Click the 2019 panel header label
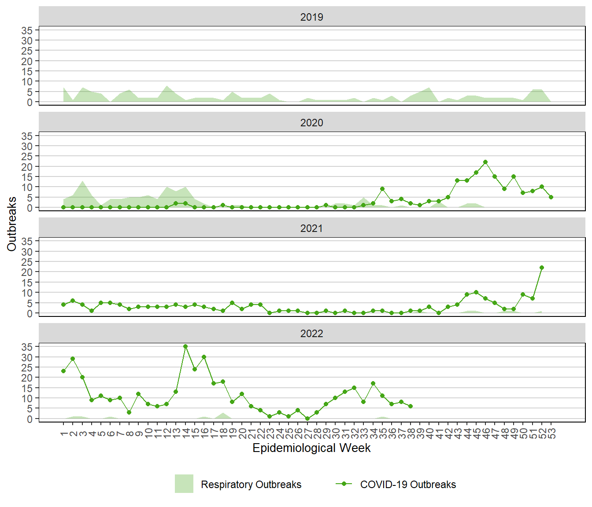pos(311,17)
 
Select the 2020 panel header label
pos(311,123)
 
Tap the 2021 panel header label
pos(311,228)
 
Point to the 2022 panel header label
pos(311,334)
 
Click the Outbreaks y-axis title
pos(12,224)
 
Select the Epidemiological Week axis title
pos(311,448)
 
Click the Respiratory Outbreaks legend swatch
pos(184,484)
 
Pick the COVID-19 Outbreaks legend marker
pos(344,484)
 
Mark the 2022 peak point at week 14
pos(185,346)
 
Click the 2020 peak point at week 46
pos(485,162)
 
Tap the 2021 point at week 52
pos(542,268)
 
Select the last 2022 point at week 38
pos(411,406)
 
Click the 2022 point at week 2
pos(73,359)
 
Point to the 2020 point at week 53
pos(551,197)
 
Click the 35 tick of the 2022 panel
pos(27,347)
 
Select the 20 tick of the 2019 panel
pos(27,61)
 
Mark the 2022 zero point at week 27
pos(307,419)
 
